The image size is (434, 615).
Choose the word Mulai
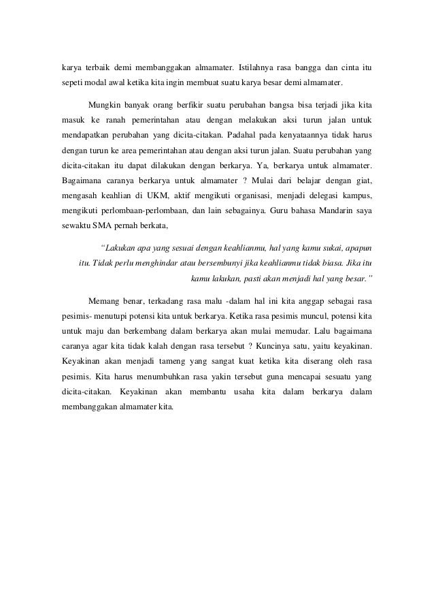click(256, 181)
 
